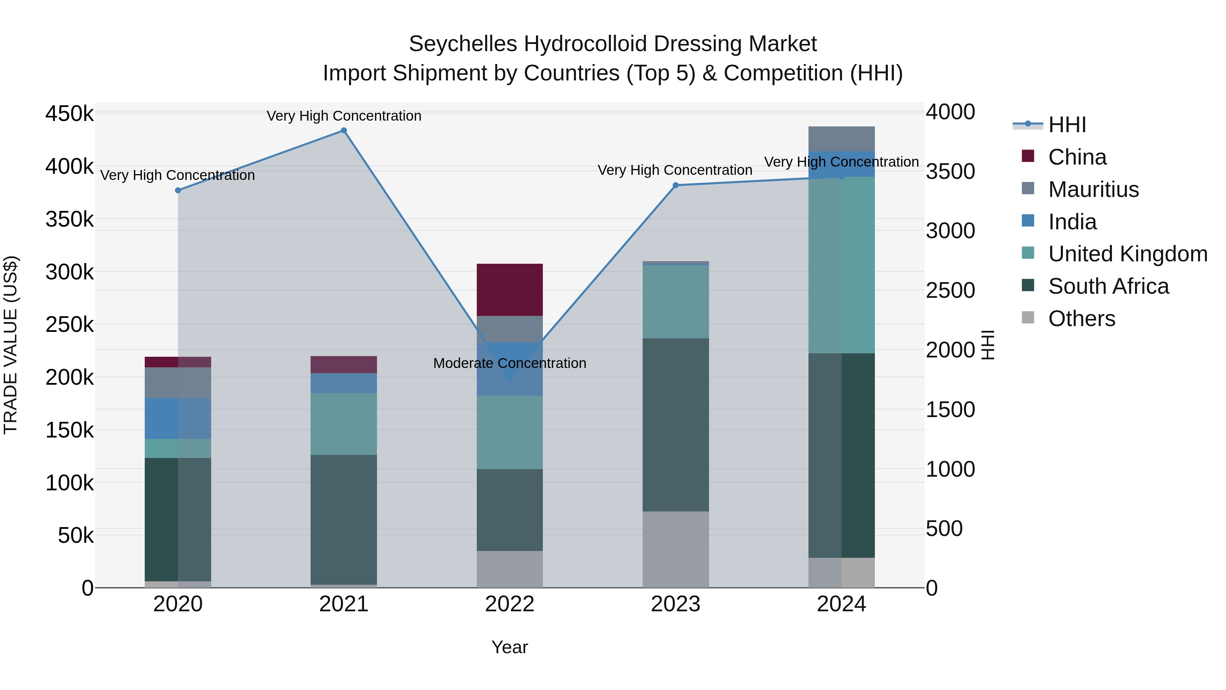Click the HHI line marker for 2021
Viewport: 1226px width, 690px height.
(344, 131)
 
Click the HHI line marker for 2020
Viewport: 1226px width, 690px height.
(178, 190)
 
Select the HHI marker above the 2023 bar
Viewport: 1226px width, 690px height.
(675, 185)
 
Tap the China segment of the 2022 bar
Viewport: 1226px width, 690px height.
(510, 290)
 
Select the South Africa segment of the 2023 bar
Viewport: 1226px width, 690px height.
(675, 425)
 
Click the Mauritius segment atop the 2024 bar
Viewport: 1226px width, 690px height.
(842, 139)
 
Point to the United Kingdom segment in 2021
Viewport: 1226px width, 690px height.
(344, 424)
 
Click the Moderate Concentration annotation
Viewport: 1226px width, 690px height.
(510, 363)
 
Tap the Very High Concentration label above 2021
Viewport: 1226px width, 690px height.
(344, 116)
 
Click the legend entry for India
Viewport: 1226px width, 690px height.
(1072, 222)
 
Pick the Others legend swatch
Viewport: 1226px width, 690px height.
(1028, 318)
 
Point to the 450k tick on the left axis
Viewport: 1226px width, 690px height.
(69, 114)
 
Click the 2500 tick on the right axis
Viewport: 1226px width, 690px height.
(950, 290)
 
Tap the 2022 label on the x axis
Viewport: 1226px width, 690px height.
(510, 604)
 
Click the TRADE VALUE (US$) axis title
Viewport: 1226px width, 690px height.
(11, 345)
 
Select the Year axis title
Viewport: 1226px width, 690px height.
(510, 647)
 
